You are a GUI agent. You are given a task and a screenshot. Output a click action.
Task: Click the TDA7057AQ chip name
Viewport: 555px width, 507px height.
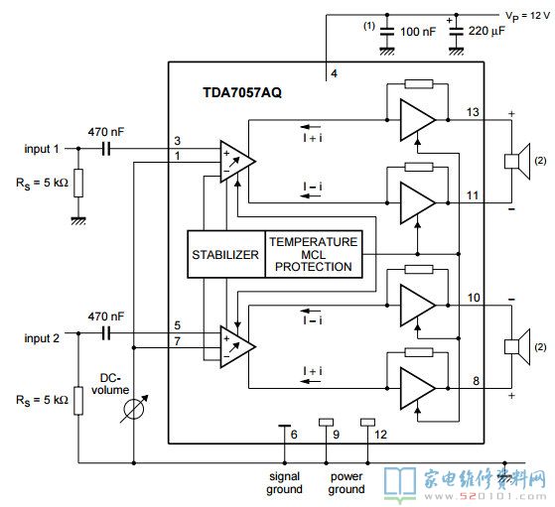tap(242, 92)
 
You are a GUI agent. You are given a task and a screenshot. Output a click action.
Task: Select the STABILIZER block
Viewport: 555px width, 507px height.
tap(226, 254)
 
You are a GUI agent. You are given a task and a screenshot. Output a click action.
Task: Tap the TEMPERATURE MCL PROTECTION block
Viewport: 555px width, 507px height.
tap(314, 254)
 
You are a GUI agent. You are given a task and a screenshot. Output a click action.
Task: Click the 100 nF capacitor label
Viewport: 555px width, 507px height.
tap(418, 32)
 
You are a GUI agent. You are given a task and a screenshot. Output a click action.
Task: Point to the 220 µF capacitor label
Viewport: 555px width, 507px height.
tap(486, 31)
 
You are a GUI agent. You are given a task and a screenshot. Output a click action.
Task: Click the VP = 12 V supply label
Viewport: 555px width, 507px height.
tap(527, 16)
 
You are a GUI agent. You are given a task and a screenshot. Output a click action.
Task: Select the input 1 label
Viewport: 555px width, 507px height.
tap(42, 149)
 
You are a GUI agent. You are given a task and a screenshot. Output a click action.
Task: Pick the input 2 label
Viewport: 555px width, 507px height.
tap(42, 338)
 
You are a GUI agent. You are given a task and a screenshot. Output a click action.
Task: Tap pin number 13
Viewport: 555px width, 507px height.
tap(473, 112)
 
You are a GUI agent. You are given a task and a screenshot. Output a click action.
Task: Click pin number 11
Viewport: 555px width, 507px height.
tap(473, 195)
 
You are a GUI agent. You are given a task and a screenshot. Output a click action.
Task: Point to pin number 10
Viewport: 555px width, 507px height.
tap(474, 298)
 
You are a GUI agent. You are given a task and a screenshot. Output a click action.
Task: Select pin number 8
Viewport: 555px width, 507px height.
tap(476, 381)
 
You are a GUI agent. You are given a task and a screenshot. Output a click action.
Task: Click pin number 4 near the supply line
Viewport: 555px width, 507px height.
tap(334, 73)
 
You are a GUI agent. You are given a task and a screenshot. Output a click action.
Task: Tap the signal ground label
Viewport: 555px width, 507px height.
tap(285, 483)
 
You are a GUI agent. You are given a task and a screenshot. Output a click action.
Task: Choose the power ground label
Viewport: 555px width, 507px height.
tap(347, 483)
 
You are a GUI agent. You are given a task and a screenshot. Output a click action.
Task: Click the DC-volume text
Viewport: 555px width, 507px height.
tap(110, 384)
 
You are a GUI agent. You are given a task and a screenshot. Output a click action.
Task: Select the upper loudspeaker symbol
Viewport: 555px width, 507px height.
tap(517, 162)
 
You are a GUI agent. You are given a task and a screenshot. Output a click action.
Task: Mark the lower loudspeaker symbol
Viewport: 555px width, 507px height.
tap(517, 346)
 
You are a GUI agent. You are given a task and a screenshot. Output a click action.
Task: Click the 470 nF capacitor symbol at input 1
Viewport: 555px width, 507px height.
tap(106, 149)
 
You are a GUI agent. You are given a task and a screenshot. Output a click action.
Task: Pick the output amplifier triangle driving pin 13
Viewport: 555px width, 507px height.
tap(417, 120)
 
